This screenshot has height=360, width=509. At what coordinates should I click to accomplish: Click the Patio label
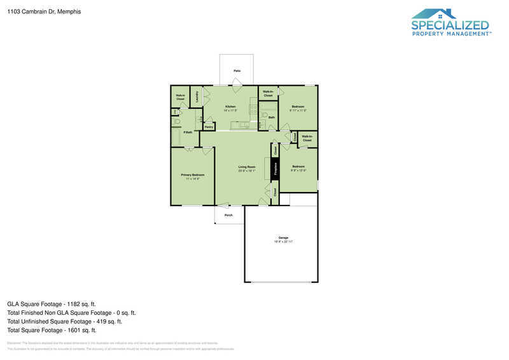tap(237, 71)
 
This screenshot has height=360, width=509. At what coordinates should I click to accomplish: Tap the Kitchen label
tap(230, 106)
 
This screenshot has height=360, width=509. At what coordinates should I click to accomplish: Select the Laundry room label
tap(197, 97)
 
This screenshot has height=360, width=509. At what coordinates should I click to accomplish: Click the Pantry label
tap(208, 127)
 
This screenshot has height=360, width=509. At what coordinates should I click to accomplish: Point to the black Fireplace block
tap(275, 169)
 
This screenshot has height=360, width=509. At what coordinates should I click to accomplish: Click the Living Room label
tap(247, 168)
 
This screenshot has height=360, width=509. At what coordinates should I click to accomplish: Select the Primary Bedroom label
tap(192, 175)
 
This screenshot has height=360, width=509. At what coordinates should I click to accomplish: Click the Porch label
tap(228, 215)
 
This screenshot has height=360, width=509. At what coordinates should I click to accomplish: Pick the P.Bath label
tap(188, 132)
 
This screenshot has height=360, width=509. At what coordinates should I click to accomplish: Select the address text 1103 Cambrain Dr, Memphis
tap(35, 11)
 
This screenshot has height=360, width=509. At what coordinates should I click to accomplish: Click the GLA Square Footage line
tap(52, 304)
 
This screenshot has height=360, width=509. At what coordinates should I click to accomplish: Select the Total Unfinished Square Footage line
tap(64, 321)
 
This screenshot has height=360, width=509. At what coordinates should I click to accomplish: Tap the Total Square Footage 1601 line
tap(52, 330)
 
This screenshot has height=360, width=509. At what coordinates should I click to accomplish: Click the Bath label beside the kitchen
tap(271, 118)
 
